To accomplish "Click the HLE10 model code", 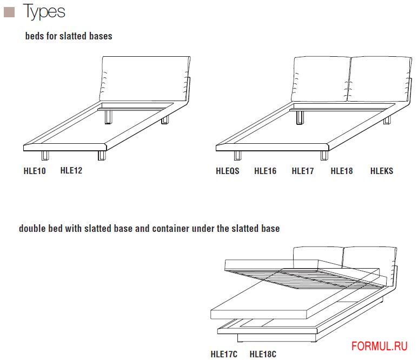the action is click(35, 171).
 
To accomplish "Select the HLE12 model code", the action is click(71, 170).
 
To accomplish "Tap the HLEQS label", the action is click(228, 171).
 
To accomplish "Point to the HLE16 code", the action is click(266, 171).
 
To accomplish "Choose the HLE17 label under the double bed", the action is click(303, 171).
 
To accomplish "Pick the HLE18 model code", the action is click(342, 171).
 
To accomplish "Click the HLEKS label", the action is click(382, 171).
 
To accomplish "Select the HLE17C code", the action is click(224, 354).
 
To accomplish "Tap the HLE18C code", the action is click(263, 354).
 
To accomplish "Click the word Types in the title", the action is click(44, 12).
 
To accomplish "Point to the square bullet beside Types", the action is click(9, 12).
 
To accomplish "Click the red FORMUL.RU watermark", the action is click(380, 346).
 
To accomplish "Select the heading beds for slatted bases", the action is click(69, 36).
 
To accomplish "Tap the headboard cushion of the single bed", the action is click(145, 78).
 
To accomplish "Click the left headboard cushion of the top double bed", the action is click(321, 79).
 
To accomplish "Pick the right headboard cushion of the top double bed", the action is click(380, 79).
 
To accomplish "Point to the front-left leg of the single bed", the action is click(45, 156).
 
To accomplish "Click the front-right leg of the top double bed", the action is click(324, 156).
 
